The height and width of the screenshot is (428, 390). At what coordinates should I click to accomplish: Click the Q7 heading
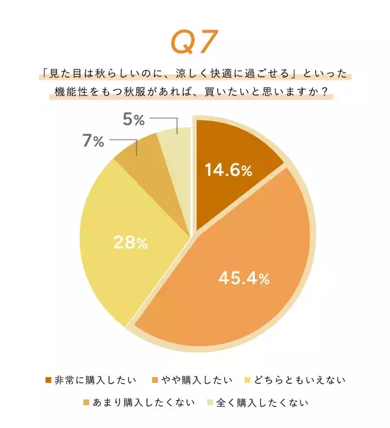click(x=195, y=42)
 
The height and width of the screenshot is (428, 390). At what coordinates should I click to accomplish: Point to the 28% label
click(x=131, y=243)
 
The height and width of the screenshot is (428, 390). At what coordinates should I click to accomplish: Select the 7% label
click(x=94, y=141)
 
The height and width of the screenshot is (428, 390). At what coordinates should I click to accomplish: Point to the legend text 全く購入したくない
click(x=263, y=403)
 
